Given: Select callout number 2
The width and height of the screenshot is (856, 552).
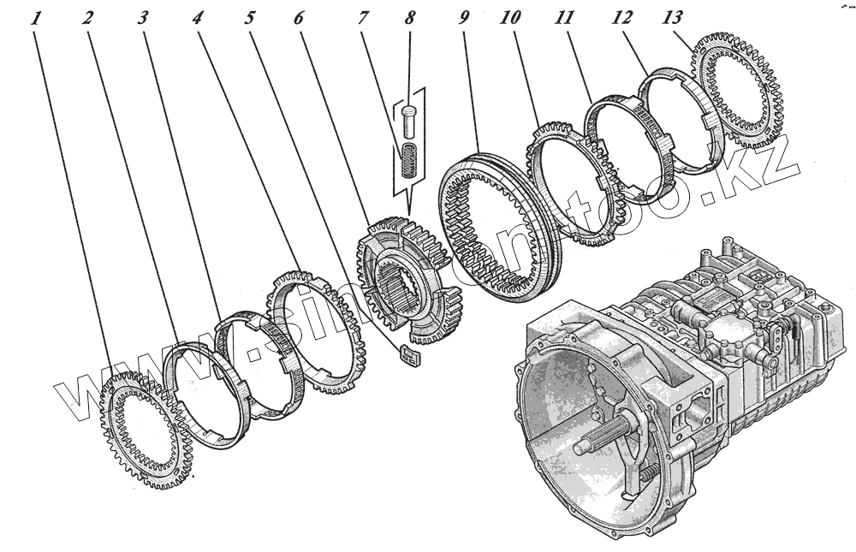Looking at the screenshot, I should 88,16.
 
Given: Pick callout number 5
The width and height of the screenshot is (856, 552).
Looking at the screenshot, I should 251,16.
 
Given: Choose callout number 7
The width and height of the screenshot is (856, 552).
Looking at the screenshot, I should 363,16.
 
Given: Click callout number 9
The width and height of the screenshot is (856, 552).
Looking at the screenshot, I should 464,16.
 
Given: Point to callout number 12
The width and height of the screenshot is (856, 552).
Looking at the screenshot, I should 622,16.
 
